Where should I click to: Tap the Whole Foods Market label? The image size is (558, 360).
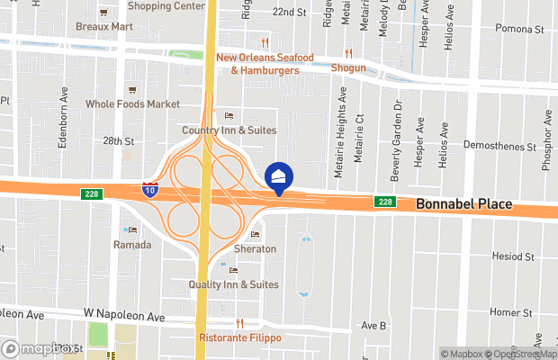click(x=132, y=103)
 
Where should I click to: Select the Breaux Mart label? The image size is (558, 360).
click(x=103, y=26)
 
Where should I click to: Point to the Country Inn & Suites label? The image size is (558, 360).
click(x=229, y=130)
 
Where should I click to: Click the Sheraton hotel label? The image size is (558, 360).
click(x=255, y=248)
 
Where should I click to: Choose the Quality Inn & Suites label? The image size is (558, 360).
click(x=233, y=284)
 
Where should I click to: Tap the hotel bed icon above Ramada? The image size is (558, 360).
click(x=132, y=230)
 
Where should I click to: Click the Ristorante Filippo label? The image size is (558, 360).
click(x=239, y=337)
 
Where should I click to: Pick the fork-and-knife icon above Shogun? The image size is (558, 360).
click(x=348, y=53)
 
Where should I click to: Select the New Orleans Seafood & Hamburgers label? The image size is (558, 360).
click(x=264, y=64)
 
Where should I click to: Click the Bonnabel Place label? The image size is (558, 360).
click(x=463, y=204)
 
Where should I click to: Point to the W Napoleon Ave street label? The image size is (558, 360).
click(x=125, y=318)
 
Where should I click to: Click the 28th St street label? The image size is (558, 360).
click(x=118, y=141)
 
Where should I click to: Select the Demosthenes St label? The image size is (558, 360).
click(x=499, y=145)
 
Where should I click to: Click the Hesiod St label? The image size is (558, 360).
click(x=514, y=256)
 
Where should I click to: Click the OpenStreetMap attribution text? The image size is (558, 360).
click(x=519, y=353)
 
